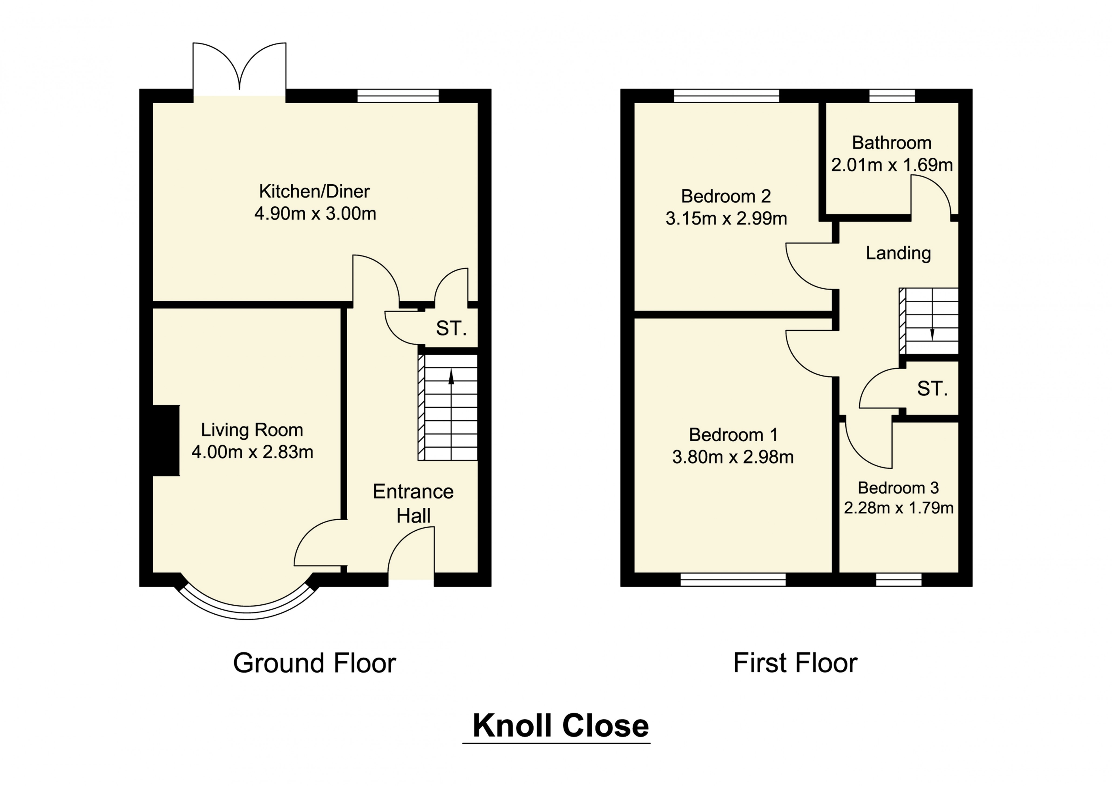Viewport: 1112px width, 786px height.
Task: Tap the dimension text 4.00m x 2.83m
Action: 252,452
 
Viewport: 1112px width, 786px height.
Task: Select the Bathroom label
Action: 892,143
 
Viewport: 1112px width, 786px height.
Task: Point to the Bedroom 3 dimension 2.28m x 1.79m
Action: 899,508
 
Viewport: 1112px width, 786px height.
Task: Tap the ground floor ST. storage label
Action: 451,329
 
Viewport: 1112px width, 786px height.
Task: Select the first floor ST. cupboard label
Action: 932,389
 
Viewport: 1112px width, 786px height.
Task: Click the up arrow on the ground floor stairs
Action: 451,377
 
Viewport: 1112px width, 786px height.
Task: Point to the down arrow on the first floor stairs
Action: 932,334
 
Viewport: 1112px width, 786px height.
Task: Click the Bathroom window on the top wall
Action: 892,96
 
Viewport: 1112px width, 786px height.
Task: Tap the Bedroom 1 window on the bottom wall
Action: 733,580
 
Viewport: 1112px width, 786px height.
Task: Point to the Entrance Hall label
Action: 413,504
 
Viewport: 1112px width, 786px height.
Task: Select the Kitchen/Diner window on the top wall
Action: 398,96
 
